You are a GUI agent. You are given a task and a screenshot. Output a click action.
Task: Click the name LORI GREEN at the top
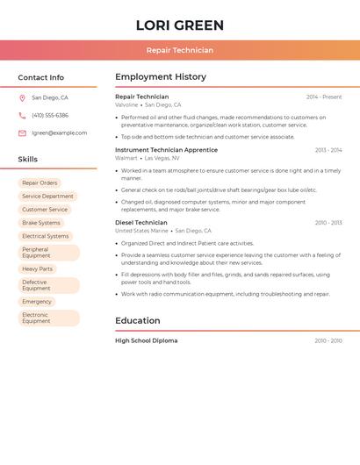point(180,25)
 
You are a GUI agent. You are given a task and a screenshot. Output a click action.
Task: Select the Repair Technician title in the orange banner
point(180,50)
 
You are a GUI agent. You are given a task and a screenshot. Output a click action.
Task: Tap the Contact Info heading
point(41,77)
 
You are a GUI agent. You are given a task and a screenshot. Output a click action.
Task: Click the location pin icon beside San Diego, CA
point(22,98)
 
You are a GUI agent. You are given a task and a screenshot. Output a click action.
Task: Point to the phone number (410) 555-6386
point(50,116)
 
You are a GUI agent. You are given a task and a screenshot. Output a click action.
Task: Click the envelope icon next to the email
point(22,133)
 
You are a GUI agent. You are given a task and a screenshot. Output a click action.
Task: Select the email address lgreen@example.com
point(60,133)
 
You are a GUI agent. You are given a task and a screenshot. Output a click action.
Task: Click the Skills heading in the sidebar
point(28,160)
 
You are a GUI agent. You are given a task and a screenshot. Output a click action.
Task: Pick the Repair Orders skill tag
point(40,183)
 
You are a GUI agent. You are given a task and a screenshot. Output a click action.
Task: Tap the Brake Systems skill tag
point(41,223)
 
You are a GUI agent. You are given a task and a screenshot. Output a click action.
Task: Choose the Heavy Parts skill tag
point(37,269)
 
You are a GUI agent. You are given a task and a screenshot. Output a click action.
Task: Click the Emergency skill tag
point(37,302)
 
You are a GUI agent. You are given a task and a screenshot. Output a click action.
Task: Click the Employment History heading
point(161,77)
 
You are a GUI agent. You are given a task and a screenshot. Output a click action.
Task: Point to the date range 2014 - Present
point(324,97)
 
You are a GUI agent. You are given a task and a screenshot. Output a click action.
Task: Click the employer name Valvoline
point(126,104)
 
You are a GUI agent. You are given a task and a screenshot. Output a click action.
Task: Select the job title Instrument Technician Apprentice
point(166,150)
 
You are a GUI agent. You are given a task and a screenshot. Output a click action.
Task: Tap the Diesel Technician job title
point(141,223)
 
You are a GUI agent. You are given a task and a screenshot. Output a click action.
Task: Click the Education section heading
point(138,320)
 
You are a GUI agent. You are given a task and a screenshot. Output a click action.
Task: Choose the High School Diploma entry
point(146,340)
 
